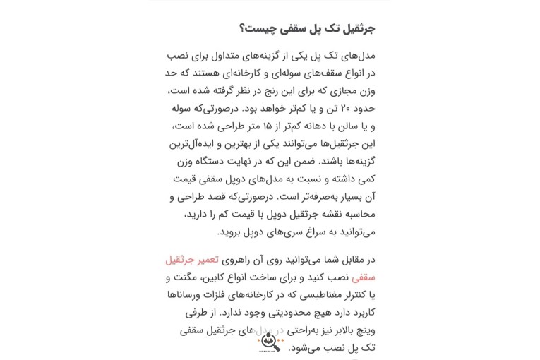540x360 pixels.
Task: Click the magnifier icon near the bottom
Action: [270, 342]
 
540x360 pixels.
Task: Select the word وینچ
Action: [364, 330]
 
